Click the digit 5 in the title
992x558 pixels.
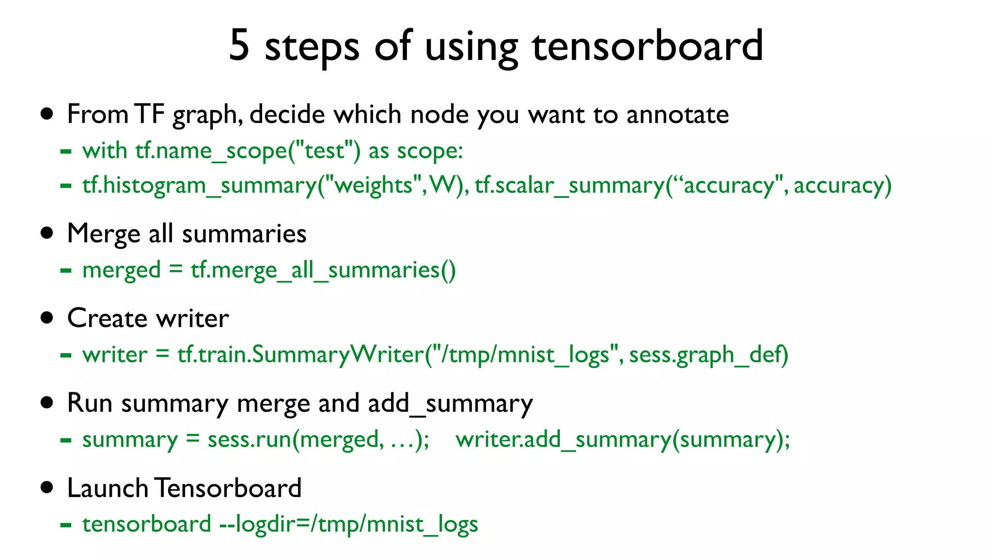tap(239, 45)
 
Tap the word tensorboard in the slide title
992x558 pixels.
tap(647, 45)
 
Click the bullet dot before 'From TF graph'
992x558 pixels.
tap(47, 114)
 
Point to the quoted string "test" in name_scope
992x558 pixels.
tap(324, 151)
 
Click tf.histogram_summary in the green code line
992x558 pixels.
tap(200, 186)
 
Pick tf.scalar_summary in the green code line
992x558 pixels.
tap(570, 186)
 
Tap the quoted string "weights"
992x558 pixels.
tap(372, 186)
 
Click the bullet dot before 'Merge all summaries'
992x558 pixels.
tap(47, 233)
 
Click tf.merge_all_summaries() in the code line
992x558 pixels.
tap(323, 270)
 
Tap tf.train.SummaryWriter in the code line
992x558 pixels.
tap(300, 355)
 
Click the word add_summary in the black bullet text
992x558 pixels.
tap(450, 403)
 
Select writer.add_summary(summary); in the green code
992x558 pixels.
tap(622, 440)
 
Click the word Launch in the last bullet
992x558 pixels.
tap(108, 488)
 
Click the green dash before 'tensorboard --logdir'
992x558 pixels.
tap(66, 525)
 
